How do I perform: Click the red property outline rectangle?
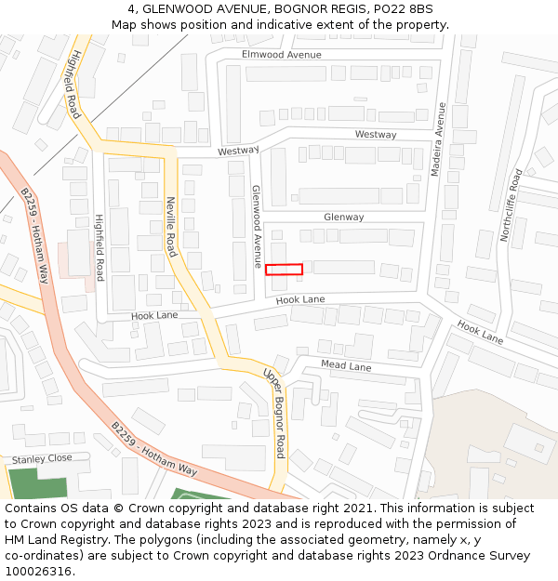(284, 270)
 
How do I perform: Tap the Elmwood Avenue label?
(281, 55)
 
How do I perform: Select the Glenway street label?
(343, 218)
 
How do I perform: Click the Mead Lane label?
(346, 366)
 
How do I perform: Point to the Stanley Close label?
(41, 459)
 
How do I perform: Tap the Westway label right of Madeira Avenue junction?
(375, 135)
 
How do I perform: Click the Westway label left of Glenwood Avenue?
(238, 151)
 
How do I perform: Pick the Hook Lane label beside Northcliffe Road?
(480, 332)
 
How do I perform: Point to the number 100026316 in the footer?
(40, 572)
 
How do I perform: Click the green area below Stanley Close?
(37, 484)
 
